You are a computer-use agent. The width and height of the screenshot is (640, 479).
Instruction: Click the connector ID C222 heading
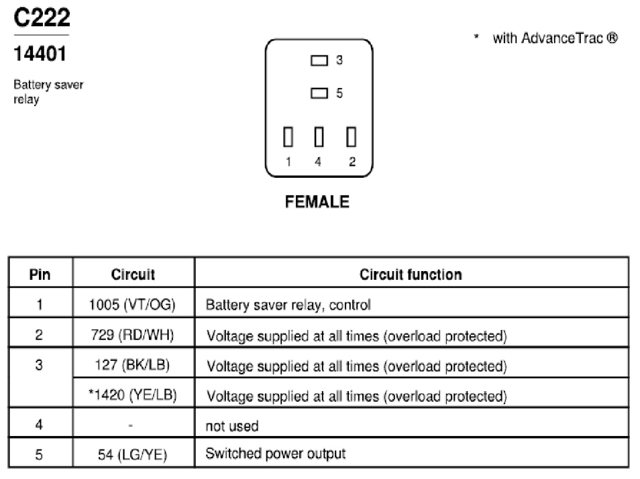42,18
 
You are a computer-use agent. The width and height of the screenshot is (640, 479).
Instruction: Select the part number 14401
40,54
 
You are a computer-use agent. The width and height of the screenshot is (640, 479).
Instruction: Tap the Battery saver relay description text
48,92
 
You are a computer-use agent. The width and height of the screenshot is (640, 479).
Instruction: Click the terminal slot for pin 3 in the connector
319,60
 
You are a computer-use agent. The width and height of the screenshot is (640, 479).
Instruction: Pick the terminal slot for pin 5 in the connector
319,93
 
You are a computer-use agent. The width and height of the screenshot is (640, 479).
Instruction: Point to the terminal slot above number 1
288,137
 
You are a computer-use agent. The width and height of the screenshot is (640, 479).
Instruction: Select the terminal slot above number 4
319,137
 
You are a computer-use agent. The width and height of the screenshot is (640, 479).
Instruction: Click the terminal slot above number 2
351,137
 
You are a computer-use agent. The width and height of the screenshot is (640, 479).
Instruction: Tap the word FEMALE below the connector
317,202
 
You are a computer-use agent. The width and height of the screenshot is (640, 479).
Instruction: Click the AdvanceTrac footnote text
545,38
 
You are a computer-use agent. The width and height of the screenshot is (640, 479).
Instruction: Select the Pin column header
40,274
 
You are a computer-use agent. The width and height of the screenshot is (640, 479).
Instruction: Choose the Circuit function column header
411,274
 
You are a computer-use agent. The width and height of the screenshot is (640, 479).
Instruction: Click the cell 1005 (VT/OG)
132,305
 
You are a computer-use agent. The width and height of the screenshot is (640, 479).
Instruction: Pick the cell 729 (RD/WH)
132,335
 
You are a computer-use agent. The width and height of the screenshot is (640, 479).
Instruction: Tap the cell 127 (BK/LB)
132,365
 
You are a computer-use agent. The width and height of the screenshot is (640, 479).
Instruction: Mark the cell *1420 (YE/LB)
132,395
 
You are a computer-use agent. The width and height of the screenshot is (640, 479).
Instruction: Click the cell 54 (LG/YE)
132,455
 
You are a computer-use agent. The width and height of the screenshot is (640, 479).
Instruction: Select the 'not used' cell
232,426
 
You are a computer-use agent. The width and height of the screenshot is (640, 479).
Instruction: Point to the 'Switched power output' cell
276,454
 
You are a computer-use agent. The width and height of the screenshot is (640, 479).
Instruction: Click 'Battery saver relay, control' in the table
288,305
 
